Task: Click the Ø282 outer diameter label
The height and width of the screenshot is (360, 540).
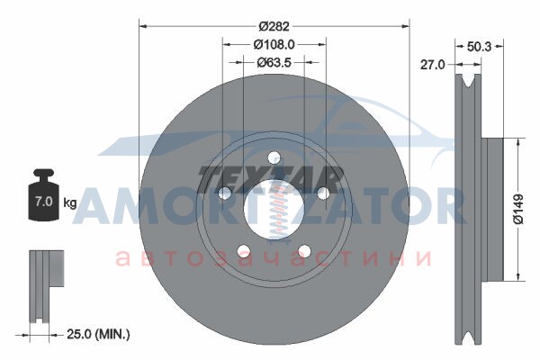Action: pyautogui.click(x=274, y=26)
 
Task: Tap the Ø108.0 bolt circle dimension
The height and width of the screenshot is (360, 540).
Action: pyautogui.click(x=274, y=44)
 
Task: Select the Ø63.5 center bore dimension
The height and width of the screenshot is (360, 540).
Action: pyautogui.click(x=274, y=62)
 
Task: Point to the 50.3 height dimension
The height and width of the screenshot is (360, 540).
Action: pyautogui.click(x=479, y=46)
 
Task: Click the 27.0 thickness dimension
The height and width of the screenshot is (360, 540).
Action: pyautogui.click(x=433, y=65)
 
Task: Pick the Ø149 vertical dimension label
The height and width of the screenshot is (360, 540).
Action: pyautogui.click(x=518, y=210)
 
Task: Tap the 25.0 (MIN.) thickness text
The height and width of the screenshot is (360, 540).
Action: pyautogui.click(x=98, y=334)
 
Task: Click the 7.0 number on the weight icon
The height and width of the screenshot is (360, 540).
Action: pyautogui.click(x=44, y=202)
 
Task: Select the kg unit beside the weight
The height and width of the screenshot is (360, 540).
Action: pyautogui.click(x=70, y=202)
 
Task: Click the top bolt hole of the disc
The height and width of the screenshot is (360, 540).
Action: pyautogui.click(x=274, y=158)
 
